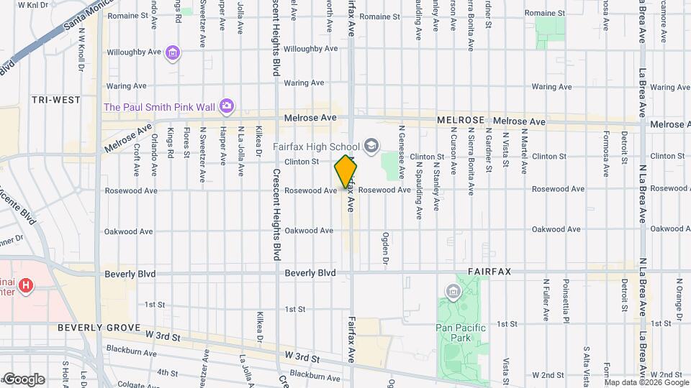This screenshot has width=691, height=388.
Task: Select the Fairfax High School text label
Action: point(316,147)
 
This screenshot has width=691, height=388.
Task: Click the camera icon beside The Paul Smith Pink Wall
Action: point(227,106)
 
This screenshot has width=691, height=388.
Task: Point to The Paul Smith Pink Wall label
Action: point(160,107)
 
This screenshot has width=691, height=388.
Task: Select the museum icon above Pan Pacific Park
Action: point(453,292)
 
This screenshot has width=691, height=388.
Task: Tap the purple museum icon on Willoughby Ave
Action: point(171,52)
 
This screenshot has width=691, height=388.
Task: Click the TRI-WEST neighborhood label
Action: point(55,100)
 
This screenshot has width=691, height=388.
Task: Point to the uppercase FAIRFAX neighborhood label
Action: point(489,273)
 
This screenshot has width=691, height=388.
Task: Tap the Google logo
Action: point(24,379)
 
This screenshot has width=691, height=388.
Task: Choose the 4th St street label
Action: point(167,372)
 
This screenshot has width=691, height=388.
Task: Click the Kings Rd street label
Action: point(171,144)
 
